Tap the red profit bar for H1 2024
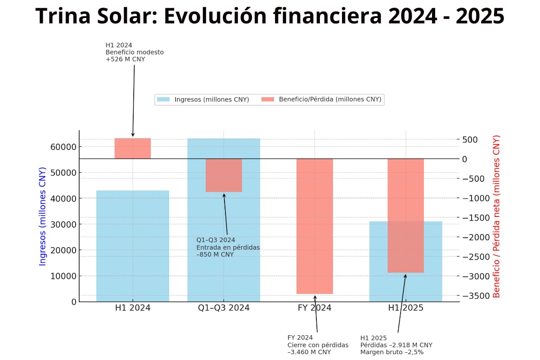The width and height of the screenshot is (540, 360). coord(133,148)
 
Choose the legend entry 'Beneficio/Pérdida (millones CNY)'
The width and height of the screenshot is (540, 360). coord(324,99)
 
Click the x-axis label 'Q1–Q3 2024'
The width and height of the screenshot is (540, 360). coord(224,308)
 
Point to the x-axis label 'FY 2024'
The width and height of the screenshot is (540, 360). coord(315,308)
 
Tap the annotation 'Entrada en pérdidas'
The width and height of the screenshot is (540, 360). coord(228,247)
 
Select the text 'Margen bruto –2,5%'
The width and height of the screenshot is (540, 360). coord(391,352)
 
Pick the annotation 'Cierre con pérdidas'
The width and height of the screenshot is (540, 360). coord(318,345)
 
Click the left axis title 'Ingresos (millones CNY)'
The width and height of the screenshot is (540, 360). coord(43,216)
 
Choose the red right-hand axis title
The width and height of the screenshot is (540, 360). coord(497,216)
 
